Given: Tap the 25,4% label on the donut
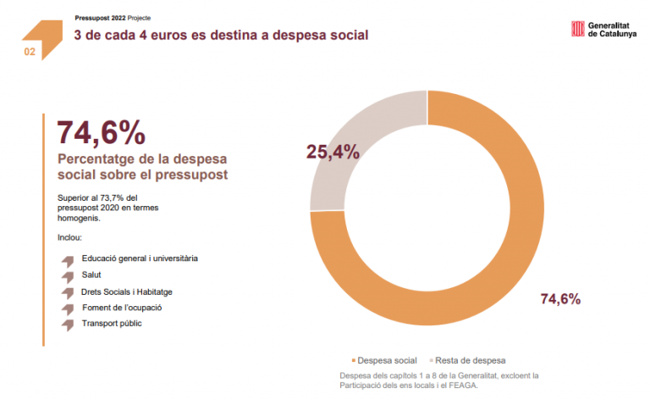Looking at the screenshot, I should (333, 153).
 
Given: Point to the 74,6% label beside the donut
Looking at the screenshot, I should (560, 298).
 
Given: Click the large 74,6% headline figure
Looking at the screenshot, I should (101, 133).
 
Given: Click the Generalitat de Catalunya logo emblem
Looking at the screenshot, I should (578, 30).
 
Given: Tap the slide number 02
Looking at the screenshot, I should (30, 52).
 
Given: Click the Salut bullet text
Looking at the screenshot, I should (92, 275).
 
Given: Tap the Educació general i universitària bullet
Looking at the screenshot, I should (140, 258).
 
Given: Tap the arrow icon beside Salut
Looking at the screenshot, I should (68, 275).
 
